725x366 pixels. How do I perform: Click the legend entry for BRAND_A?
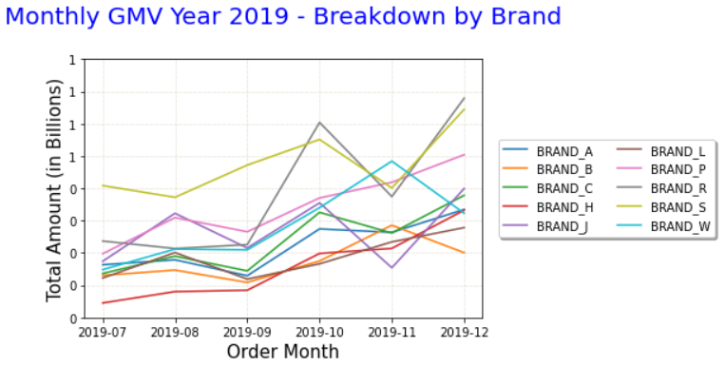click(564, 151)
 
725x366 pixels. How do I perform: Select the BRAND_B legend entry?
click(564, 170)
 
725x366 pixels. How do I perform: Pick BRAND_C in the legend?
click(564, 188)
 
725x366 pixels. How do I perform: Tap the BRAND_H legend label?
click(564, 207)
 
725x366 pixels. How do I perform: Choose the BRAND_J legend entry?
click(563, 226)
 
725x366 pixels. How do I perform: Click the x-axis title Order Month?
click(282, 352)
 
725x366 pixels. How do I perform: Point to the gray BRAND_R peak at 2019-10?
click(319, 123)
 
